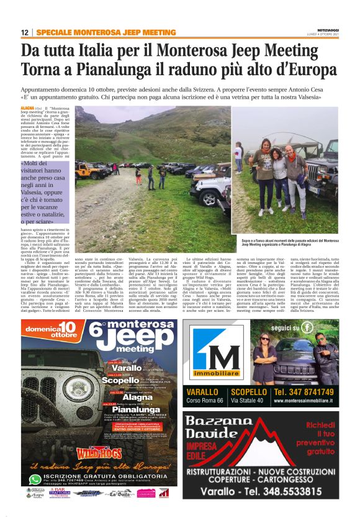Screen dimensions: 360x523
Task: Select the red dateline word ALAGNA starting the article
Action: (27, 107)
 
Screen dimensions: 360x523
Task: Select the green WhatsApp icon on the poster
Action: (35, 480)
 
